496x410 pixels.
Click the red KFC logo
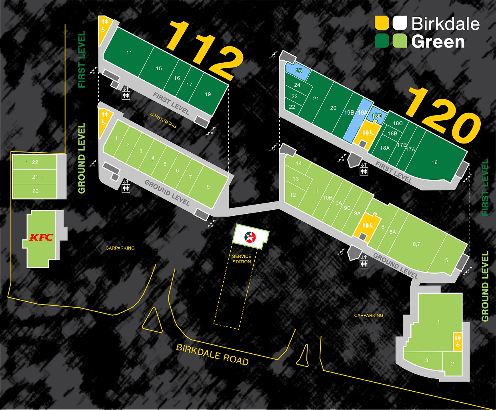pos(41,237)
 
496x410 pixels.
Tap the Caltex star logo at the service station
pos(250,237)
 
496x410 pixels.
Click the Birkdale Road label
pos(212,354)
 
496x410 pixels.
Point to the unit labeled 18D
pos(377,116)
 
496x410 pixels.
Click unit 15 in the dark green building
pos(159,68)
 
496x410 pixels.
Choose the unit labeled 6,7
pos(416,244)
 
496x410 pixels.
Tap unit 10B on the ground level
pos(328,198)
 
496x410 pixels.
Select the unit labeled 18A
pos(385,148)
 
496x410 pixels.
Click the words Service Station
pos(242,259)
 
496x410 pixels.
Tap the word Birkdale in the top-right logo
pos(445,24)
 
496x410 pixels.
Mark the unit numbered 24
pos(297,85)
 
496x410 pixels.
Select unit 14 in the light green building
pos(299,163)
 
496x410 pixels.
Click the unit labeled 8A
pos(393,232)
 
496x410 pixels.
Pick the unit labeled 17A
pos(410,149)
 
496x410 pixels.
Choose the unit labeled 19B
pos(349,113)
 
